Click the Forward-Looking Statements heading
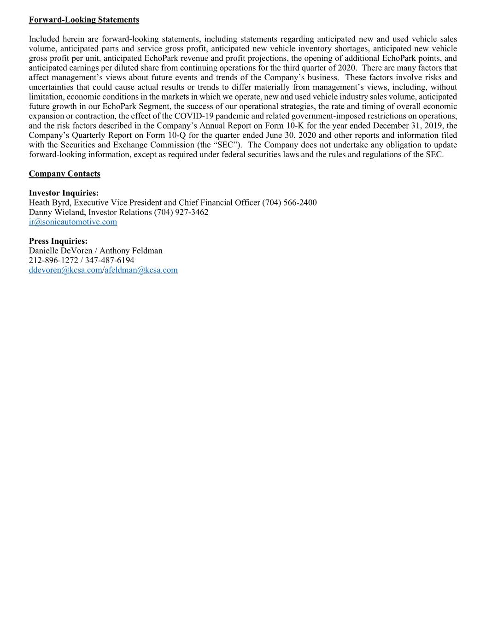84,20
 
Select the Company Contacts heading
64,174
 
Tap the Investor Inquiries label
64,193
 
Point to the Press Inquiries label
58,241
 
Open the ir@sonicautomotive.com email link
73,222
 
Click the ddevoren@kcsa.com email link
65,270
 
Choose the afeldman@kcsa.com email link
141,270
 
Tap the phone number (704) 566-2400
289,203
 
